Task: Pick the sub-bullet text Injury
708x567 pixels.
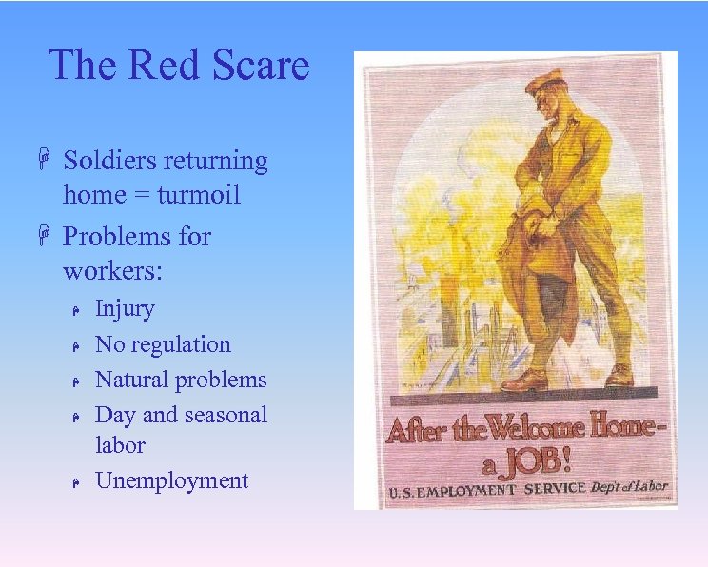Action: point(125,308)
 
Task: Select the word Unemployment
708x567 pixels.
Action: point(171,480)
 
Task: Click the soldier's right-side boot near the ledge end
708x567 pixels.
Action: point(619,375)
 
